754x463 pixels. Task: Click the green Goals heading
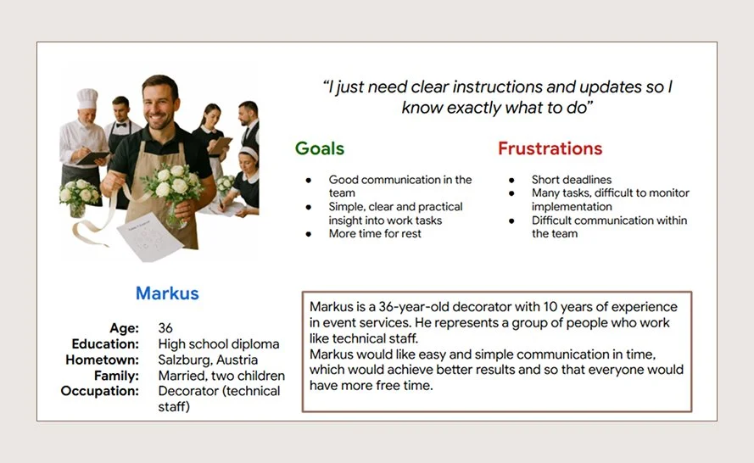pos(320,148)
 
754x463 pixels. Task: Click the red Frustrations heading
pos(550,148)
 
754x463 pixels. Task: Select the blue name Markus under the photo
pos(167,293)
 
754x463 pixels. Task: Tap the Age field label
pos(124,328)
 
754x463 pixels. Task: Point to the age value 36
pos(166,328)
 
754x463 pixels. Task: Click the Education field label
pos(106,344)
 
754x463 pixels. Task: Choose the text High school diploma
pos(219,344)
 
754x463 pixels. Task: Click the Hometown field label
pos(103,360)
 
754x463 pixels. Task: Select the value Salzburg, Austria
pos(209,360)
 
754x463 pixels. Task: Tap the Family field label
pos(117,376)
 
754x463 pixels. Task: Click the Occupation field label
pos(100,391)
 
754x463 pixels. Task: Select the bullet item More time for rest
pos(376,233)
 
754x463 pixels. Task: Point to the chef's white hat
pos(87,98)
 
